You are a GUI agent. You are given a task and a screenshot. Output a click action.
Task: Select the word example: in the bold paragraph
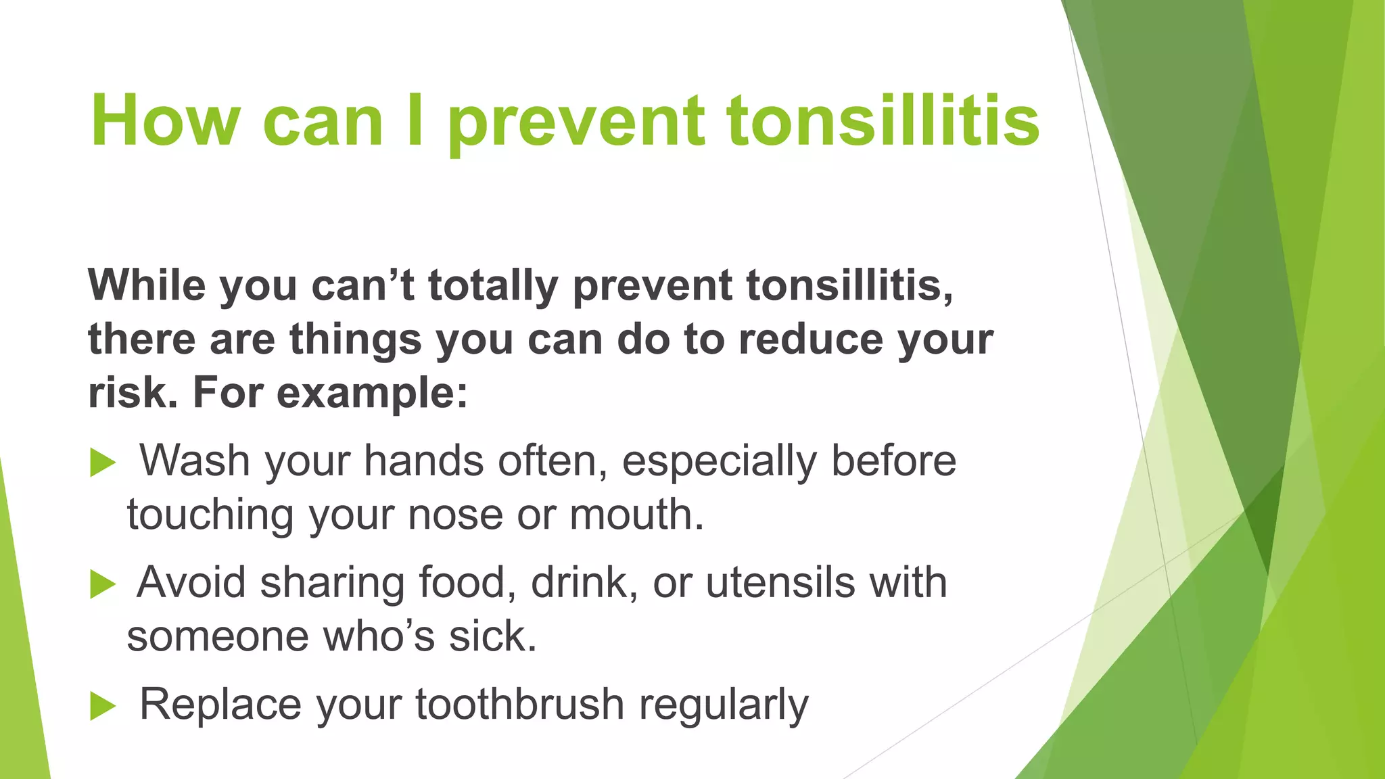(x=372, y=394)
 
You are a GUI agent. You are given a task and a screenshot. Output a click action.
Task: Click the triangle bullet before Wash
(x=103, y=463)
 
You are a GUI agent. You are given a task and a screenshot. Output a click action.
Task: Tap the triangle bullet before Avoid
(x=103, y=584)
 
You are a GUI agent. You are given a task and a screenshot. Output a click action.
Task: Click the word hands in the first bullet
(x=423, y=461)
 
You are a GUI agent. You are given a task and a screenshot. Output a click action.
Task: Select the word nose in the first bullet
(x=455, y=515)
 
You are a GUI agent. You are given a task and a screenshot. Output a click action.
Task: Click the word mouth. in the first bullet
(x=636, y=515)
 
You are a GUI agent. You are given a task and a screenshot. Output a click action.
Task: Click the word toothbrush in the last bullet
(x=519, y=704)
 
